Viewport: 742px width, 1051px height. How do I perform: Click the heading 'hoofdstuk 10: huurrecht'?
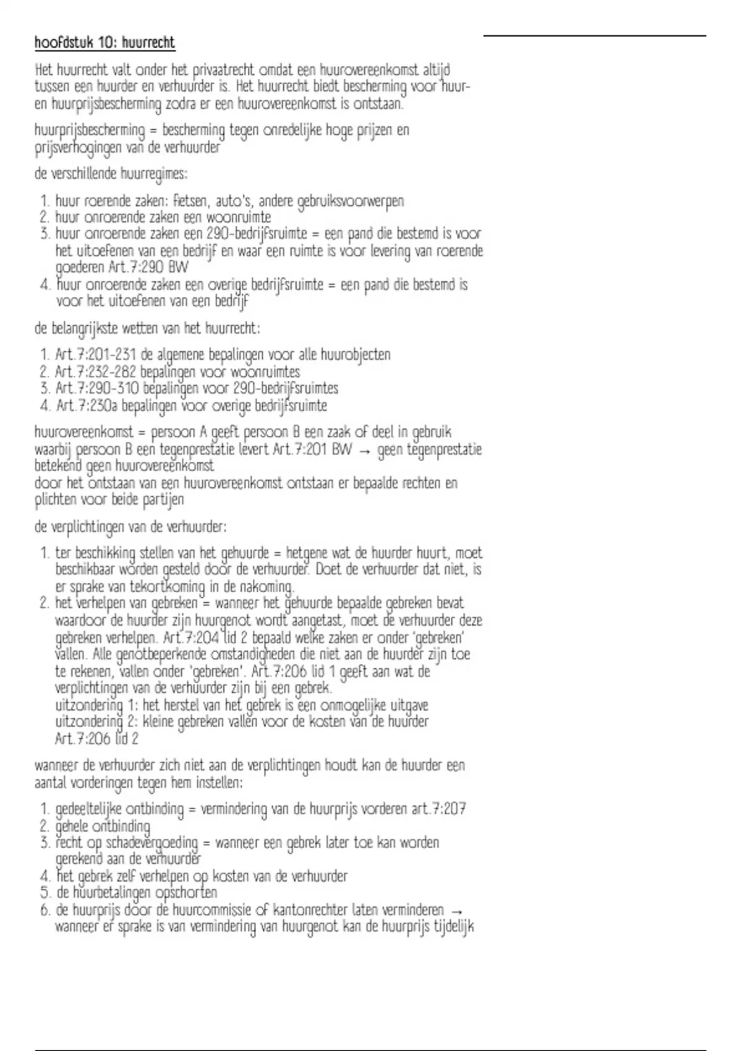(104, 43)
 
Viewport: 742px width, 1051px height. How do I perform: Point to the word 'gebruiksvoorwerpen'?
(351, 201)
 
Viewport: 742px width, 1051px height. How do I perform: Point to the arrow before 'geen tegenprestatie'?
(364, 451)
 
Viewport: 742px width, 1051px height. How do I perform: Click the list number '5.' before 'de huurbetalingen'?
(44, 893)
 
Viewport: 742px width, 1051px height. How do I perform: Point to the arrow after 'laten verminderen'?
(456, 911)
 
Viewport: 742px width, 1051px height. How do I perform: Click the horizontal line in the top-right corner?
(594, 36)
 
